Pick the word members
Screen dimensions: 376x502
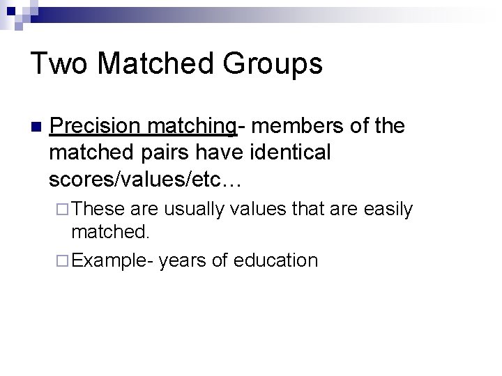click(x=295, y=126)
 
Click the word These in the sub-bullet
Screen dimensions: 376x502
click(x=96, y=208)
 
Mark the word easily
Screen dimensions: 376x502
click(x=388, y=209)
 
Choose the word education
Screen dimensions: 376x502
click(x=276, y=260)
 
